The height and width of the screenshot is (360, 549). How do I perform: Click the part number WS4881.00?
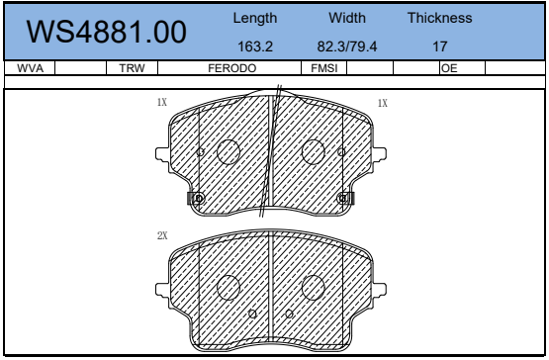click(107, 32)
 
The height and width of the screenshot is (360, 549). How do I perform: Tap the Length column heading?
click(255, 18)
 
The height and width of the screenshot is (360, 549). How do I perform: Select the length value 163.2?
click(255, 46)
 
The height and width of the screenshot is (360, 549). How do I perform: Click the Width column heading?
click(347, 18)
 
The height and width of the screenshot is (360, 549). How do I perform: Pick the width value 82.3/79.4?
click(347, 46)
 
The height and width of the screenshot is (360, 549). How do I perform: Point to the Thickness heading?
click(440, 18)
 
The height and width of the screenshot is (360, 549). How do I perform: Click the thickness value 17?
click(440, 46)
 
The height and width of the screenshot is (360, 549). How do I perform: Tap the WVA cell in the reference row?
click(30, 68)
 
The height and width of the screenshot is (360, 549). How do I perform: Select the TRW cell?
click(132, 68)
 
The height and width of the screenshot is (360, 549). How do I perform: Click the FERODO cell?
click(232, 68)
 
